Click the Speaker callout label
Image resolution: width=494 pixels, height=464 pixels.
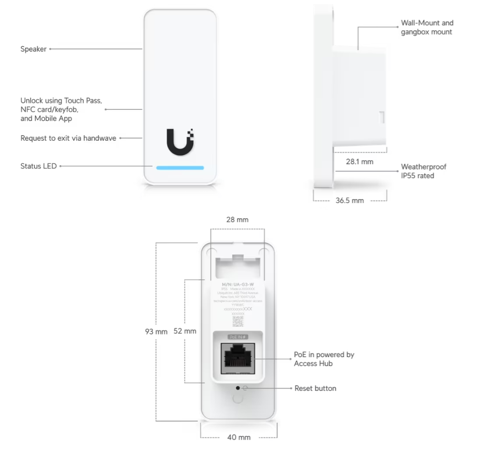point(33,49)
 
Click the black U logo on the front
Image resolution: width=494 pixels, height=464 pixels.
point(180,142)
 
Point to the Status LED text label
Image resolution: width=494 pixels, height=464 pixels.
point(39,166)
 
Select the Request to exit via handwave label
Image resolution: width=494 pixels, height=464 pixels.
point(68,138)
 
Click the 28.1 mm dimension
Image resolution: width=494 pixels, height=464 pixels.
point(359,162)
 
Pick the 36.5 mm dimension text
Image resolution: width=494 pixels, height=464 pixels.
point(349,200)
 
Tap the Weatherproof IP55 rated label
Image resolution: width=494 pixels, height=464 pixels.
point(424,171)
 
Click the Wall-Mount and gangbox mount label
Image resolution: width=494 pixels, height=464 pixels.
point(427,27)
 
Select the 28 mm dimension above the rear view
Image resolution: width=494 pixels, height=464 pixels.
point(237,220)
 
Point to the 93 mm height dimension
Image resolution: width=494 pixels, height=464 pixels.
point(156,331)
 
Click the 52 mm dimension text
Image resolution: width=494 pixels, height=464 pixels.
point(184,331)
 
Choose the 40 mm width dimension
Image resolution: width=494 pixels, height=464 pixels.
point(238,437)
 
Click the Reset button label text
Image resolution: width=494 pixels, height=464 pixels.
point(315,389)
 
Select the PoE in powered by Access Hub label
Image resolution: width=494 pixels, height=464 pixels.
point(323,359)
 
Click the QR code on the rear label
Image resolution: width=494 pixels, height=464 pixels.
point(237,321)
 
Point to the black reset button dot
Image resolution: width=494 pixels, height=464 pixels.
point(237,388)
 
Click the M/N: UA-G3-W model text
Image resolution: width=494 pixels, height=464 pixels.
point(237,285)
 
